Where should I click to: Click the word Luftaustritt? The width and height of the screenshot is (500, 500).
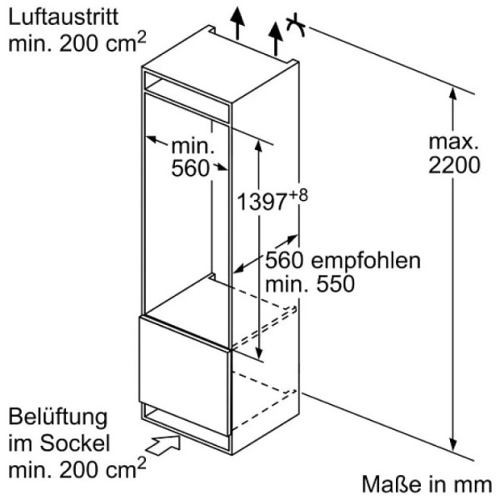coord(63,17)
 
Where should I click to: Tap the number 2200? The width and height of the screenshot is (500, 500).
coord(454,165)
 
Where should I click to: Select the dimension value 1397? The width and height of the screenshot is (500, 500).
coord(262,202)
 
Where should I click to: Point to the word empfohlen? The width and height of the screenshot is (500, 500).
coord(366,261)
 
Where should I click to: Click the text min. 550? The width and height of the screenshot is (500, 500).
coord(310,284)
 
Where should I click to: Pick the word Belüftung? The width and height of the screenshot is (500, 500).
coord(57,418)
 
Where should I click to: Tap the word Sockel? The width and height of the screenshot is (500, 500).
coord(75,443)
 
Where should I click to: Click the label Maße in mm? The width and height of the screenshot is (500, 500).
coord(427,484)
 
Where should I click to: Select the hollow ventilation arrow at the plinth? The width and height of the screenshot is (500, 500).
coord(163,445)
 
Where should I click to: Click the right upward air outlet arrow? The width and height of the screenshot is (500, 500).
coord(276,39)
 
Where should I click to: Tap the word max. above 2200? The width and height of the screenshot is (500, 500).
coord(453,142)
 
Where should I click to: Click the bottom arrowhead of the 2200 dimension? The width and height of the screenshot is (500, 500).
coord(452,446)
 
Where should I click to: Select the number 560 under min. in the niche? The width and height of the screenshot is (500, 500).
coord(190,168)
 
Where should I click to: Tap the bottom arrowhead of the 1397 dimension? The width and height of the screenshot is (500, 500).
coord(259,354)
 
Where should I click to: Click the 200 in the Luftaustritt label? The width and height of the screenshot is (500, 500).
coord(78,43)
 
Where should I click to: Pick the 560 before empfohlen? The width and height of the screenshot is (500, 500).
coord(284,260)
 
